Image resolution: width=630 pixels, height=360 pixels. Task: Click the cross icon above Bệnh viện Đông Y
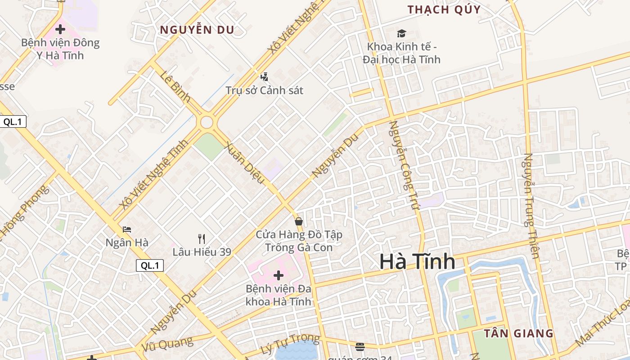point(60,30)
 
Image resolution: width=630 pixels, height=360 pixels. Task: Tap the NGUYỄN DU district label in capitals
point(198,30)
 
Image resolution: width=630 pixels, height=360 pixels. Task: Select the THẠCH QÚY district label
point(444,9)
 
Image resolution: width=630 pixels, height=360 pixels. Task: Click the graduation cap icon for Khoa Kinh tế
point(401,33)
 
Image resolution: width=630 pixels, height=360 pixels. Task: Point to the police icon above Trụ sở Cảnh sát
point(265,77)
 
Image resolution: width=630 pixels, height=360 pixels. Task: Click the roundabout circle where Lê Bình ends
point(207,122)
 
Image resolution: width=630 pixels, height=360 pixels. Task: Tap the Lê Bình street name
point(175,86)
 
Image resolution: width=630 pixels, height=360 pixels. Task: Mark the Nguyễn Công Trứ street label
point(404,166)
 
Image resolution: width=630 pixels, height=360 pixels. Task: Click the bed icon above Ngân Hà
point(127,229)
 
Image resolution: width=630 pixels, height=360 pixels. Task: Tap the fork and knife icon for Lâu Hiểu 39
point(202,239)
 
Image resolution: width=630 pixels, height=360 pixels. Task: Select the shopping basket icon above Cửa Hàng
point(298,221)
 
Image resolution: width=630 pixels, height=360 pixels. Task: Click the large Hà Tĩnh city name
point(417,262)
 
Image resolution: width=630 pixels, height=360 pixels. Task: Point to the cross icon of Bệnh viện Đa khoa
point(279,275)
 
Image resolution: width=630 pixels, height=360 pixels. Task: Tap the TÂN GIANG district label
point(518,333)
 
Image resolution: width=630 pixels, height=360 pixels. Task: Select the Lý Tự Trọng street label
point(290,344)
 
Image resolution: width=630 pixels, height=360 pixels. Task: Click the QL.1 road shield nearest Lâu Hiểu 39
point(150,265)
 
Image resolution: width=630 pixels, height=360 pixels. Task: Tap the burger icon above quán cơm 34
point(360,346)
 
